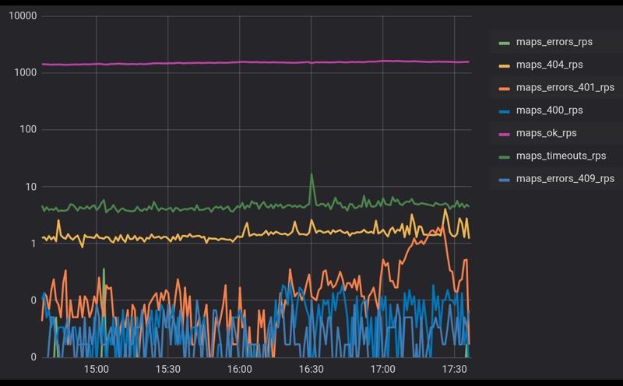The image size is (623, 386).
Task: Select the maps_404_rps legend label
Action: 549,65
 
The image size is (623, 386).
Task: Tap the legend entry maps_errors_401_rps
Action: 565,87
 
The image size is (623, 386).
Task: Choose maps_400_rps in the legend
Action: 549,111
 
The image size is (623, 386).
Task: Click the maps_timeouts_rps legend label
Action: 561,156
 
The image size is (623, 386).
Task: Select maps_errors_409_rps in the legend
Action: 565,179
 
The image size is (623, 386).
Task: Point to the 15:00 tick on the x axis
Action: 96,369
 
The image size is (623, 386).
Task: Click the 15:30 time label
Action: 167,369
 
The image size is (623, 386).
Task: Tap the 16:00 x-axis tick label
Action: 239,369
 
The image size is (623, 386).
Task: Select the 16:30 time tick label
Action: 311,369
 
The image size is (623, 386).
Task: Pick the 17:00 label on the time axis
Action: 382,369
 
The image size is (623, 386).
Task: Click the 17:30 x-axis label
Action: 454,369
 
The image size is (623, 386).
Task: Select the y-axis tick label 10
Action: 30,187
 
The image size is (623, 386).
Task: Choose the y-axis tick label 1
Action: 33,244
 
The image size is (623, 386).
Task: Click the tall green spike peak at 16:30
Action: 311,175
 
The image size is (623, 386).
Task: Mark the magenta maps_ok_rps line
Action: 234,62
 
